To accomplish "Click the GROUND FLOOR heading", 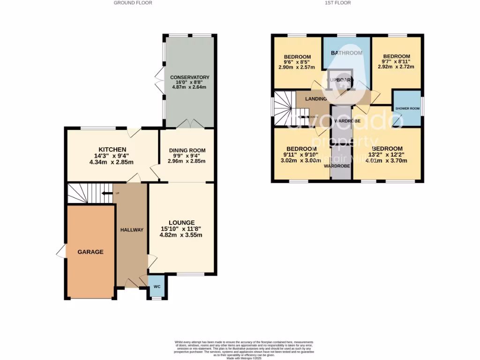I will coord(133,3).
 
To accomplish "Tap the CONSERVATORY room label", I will coord(189,77).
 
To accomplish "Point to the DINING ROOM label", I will coord(187,150).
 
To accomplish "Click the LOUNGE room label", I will coord(182,223).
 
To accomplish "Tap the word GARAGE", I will coord(90,252).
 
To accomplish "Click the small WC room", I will coord(157,286).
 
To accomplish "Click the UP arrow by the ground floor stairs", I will coord(108,193).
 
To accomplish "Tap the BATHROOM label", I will coord(347,53).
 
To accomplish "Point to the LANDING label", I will coord(315,99).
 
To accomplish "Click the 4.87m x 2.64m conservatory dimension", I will coord(189,87).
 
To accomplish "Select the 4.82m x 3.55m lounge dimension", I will coord(182,235).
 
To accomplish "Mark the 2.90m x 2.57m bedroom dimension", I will coord(298,67).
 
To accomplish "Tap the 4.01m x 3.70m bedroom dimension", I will coord(387,161).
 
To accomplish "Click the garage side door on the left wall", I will coord(61,252).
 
